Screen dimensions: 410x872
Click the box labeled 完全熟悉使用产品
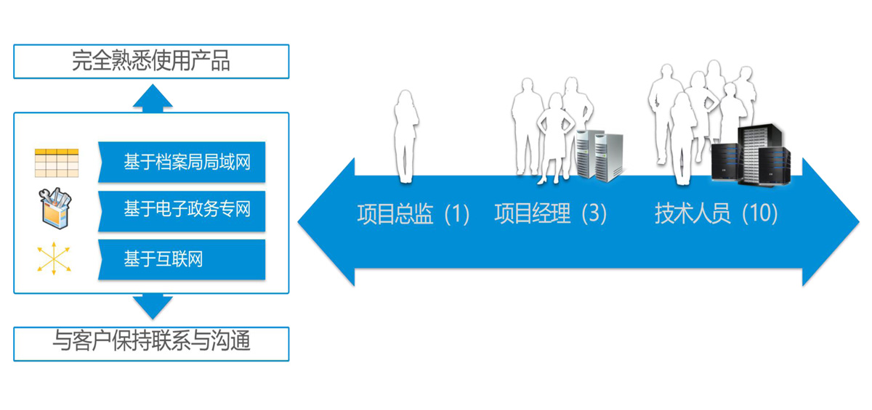[x=151, y=62]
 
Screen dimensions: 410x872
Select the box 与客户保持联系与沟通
[x=151, y=343]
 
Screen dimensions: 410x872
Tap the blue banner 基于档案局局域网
[x=182, y=162]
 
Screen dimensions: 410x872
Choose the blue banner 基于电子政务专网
[x=182, y=210]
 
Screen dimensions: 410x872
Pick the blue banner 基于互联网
[x=182, y=259]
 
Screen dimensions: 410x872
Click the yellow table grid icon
[x=56, y=163]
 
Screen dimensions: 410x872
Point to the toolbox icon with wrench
[x=56, y=208]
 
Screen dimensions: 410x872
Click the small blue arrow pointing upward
[x=153, y=97]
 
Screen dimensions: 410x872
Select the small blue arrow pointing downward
[x=153, y=307]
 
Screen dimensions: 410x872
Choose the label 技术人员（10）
[x=716, y=215]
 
